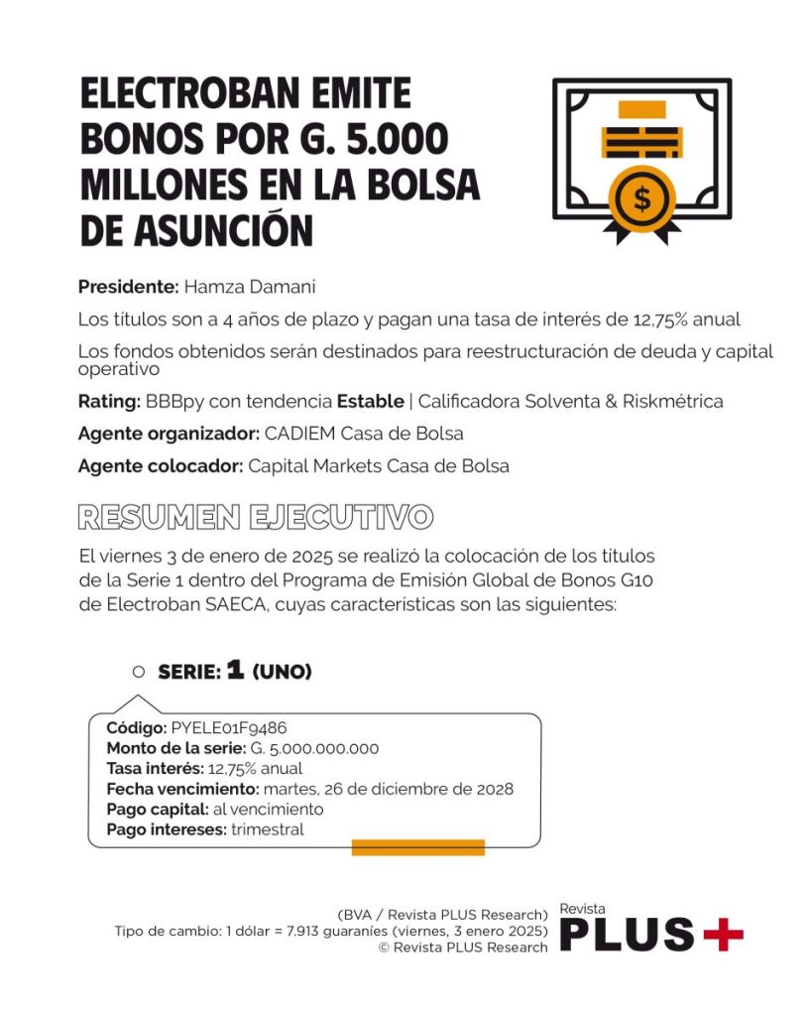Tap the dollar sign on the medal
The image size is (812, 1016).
(x=642, y=198)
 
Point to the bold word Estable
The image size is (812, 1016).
(x=370, y=402)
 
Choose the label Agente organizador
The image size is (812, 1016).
(x=169, y=434)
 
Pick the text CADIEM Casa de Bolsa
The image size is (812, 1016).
(x=364, y=434)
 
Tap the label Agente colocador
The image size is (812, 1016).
(x=161, y=465)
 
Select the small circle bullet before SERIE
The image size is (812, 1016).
(x=139, y=672)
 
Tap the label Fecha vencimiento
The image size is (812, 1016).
(x=180, y=789)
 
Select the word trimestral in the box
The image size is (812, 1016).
(x=268, y=829)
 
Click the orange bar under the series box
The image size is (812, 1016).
(x=417, y=847)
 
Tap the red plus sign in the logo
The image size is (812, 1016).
(x=723, y=934)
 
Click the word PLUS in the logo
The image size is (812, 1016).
(x=627, y=935)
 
